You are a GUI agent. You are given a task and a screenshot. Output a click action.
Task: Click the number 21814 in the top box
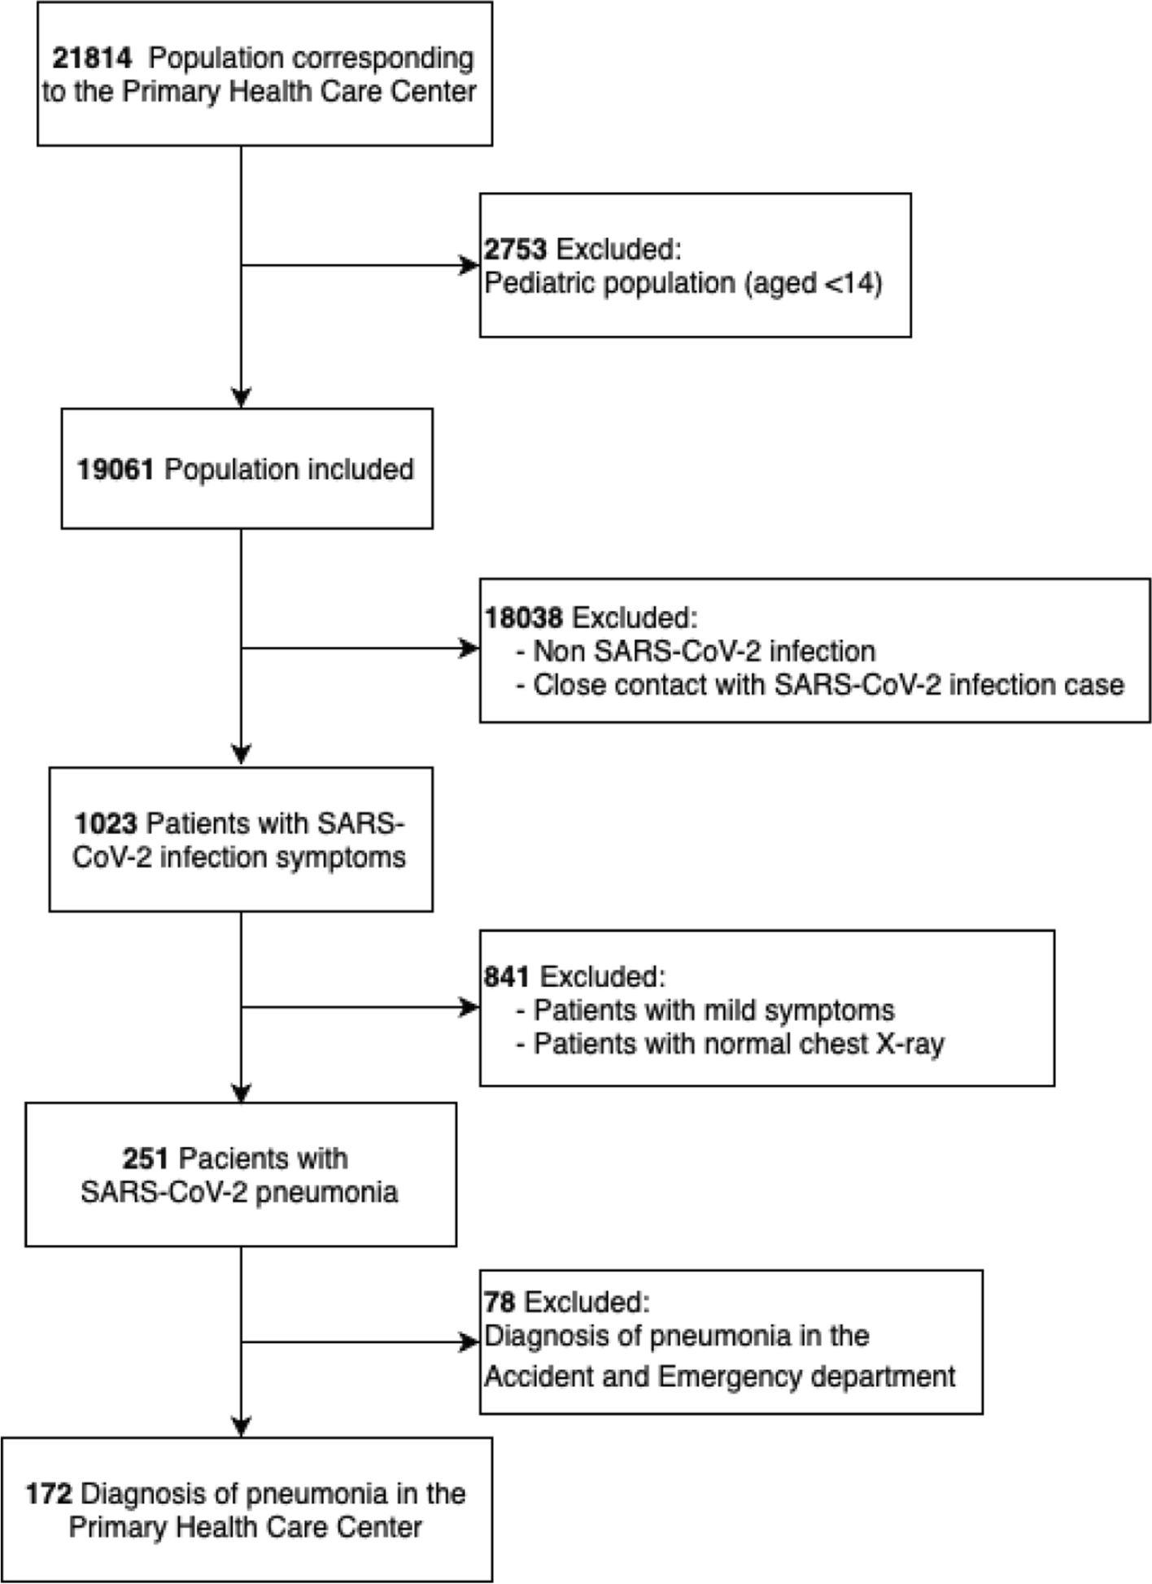click(91, 59)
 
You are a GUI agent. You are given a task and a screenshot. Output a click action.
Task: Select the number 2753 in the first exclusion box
click(516, 249)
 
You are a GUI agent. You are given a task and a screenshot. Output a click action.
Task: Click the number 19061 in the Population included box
click(115, 469)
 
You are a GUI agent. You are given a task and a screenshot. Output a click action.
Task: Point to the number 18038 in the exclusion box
click(523, 617)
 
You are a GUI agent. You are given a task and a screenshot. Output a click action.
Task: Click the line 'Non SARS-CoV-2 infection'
click(704, 652)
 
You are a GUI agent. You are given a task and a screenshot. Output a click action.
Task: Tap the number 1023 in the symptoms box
click(106, 823)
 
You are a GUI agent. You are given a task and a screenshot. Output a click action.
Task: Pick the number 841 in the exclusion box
click(507, 976)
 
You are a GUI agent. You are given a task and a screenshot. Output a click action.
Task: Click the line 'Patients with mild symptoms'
click(713, 1010)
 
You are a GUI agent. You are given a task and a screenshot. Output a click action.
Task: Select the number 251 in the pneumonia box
click(146, 1159)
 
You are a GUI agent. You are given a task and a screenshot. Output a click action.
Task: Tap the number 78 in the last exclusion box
click(500, 1303)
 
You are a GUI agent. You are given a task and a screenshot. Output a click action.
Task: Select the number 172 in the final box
click(49, 1494)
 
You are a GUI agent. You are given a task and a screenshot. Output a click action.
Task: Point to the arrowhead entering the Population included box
click(241, 398)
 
